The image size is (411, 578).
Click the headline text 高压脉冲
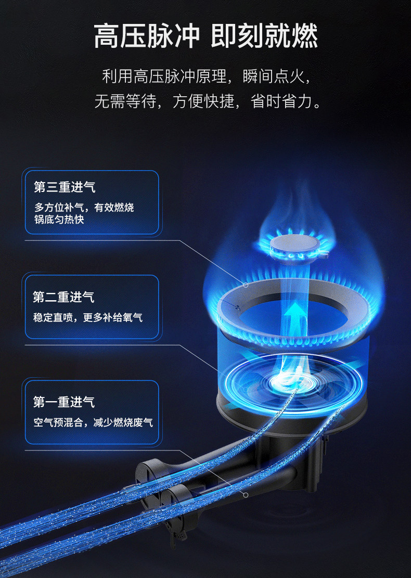click(146, 36)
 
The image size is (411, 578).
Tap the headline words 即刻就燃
click(264, 36)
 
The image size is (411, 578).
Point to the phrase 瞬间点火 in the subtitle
click(274, 76)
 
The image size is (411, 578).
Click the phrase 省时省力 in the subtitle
click(281, 101)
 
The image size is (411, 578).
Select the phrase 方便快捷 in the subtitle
click(203, 101)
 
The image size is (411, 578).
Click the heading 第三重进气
click(65, 187)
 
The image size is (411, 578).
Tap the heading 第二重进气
click(64, 297)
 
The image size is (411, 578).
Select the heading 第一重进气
click(64, 402)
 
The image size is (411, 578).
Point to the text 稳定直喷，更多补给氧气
click(88, 317)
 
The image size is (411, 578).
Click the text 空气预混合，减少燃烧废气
click(93, 422)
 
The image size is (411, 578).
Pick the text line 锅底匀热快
click(59, 220)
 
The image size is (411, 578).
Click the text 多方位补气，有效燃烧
click(84, 207)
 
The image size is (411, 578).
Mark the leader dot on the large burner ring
click(246, 285)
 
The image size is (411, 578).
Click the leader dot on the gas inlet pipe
click(246, 495)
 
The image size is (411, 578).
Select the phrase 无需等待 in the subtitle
click(125, 101)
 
